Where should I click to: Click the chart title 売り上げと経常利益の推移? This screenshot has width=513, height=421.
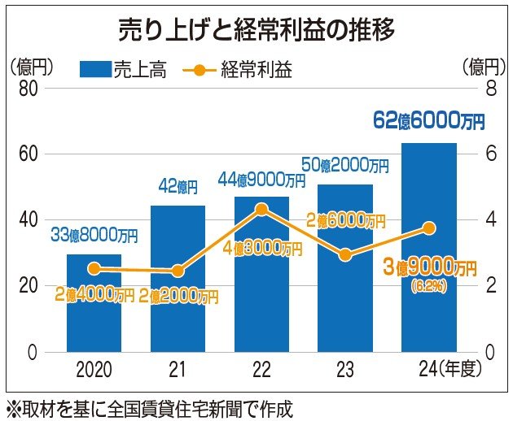[256, 31]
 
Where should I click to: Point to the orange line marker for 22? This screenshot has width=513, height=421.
[261, 209]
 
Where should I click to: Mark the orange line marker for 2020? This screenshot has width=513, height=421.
[94, 268]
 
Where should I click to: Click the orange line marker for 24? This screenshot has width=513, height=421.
[429, 228]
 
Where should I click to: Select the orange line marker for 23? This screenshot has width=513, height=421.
[345, 255]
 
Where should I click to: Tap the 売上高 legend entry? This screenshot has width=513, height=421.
[122, 69]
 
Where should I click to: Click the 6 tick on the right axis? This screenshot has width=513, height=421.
[491, 154]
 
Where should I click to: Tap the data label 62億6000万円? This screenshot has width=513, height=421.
[428, 121]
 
